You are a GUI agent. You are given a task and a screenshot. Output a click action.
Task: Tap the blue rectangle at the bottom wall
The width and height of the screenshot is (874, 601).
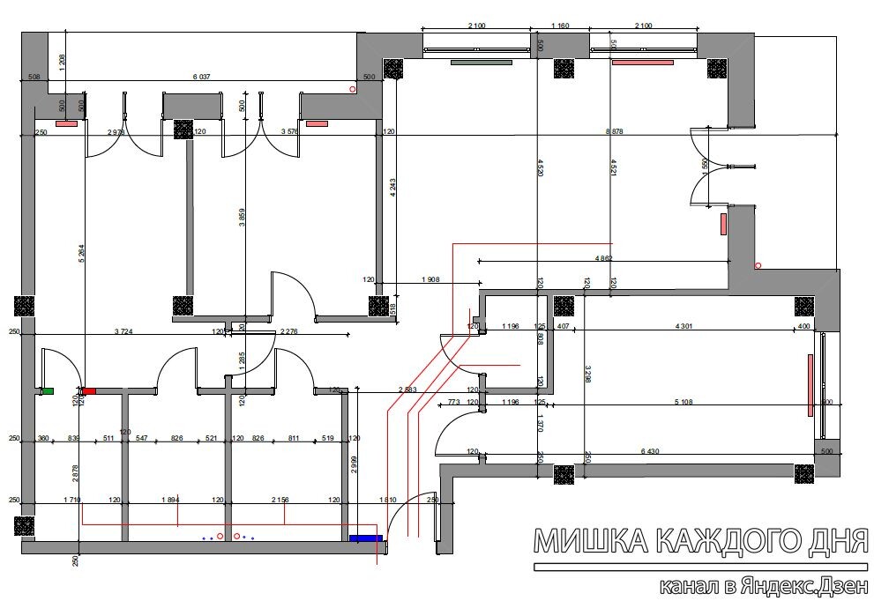[365, 537]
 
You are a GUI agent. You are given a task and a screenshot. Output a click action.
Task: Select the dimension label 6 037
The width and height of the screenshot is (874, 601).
[202, 77]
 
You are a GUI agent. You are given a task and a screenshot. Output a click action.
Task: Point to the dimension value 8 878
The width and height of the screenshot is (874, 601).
[615, 130]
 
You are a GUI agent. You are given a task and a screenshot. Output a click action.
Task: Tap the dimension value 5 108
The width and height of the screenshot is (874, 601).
[684, 402]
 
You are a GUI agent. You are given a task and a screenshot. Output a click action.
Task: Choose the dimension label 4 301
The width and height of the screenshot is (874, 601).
[684, 326]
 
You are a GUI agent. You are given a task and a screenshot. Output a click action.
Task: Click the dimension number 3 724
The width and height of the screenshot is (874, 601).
[129, 331]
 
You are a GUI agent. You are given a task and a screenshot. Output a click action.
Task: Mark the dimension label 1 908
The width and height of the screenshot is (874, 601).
[430, 279]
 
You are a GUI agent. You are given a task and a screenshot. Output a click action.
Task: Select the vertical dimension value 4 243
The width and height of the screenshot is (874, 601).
[392, 190]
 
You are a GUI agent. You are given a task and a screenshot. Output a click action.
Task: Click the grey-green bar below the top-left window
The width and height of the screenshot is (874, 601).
[482, 63]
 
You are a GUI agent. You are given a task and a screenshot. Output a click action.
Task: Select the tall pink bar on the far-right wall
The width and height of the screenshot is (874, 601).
[810, 384]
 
